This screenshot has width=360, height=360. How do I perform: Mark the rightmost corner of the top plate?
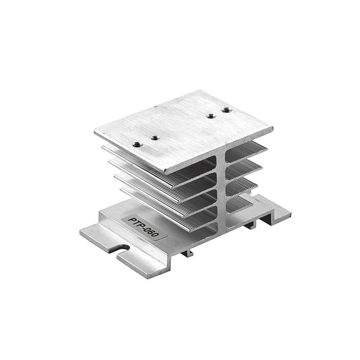pos(273,128)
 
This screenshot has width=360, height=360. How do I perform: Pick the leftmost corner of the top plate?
pos(94,131)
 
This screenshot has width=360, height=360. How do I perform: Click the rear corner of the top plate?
pos(203,90)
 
